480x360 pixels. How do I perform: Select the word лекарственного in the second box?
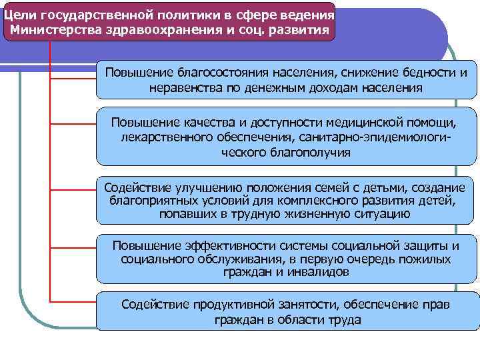(165, 137)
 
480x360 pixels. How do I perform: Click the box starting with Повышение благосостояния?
(287, 80)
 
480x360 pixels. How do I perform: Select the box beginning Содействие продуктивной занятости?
(287, 312)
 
